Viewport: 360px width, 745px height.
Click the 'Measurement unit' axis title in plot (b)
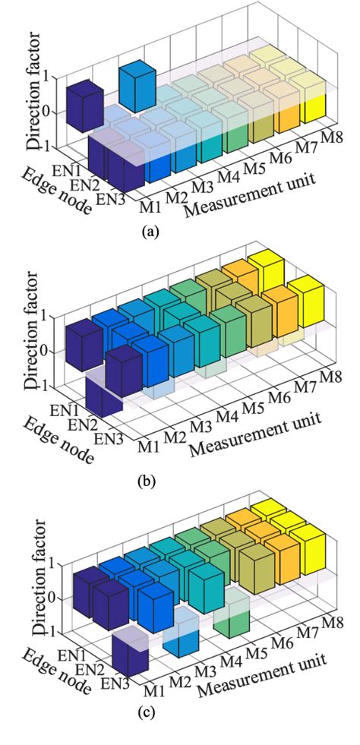[255, 434]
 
